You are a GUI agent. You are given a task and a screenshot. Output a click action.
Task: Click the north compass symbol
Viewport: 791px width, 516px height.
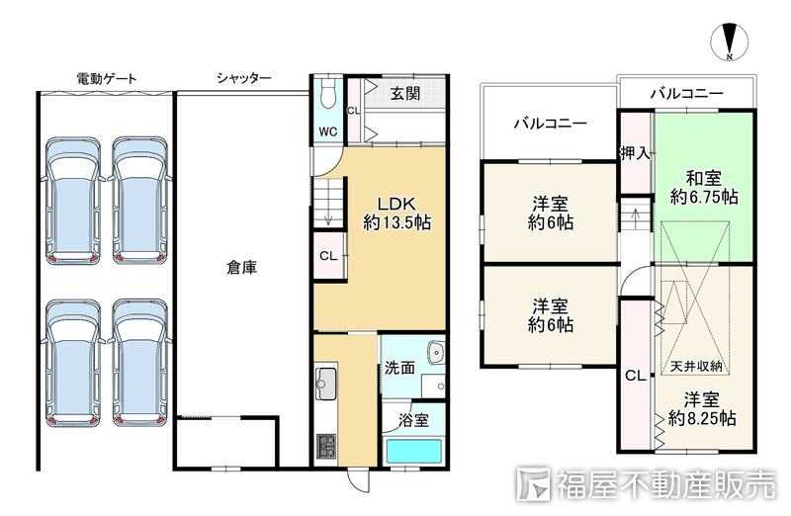[729, 42]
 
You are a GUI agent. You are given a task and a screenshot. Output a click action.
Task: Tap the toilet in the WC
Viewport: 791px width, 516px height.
[328, 94]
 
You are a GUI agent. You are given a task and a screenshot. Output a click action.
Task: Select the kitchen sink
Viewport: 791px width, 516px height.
[325, 384]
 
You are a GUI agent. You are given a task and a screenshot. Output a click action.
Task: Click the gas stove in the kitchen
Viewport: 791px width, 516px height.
[326, 446]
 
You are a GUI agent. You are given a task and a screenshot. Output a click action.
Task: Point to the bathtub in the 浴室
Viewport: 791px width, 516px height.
[413, 452]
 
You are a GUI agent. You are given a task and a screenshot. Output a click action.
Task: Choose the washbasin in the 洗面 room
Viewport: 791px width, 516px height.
[435, 353]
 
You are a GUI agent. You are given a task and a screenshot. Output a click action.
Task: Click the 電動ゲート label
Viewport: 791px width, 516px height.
[107, 79]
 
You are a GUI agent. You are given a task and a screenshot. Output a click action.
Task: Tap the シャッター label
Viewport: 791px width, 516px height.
[243, 78]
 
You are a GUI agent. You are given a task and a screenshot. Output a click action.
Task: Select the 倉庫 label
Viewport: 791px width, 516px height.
[241, 267]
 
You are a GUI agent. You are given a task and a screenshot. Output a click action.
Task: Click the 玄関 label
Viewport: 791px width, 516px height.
[405, 93]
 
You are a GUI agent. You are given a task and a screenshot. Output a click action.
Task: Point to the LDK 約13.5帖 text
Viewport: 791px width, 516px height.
[397, 213]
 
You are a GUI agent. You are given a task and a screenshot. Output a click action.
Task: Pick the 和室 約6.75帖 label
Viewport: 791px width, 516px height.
[704, 187]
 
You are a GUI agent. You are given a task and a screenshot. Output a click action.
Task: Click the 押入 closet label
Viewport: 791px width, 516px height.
[635, 153]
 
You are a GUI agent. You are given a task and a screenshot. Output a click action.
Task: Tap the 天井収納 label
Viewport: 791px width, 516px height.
[696, 366]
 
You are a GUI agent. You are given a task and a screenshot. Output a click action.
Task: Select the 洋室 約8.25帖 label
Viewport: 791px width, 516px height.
[702, 408]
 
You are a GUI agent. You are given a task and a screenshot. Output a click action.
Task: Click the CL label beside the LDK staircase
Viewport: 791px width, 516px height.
[328, 256]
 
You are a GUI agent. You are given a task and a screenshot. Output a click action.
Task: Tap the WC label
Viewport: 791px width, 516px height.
[328, 131]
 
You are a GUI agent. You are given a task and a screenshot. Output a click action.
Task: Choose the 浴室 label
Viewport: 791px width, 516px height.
[413, 420]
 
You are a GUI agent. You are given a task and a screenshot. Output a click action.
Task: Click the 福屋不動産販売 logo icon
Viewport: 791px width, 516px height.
[533, 484]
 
